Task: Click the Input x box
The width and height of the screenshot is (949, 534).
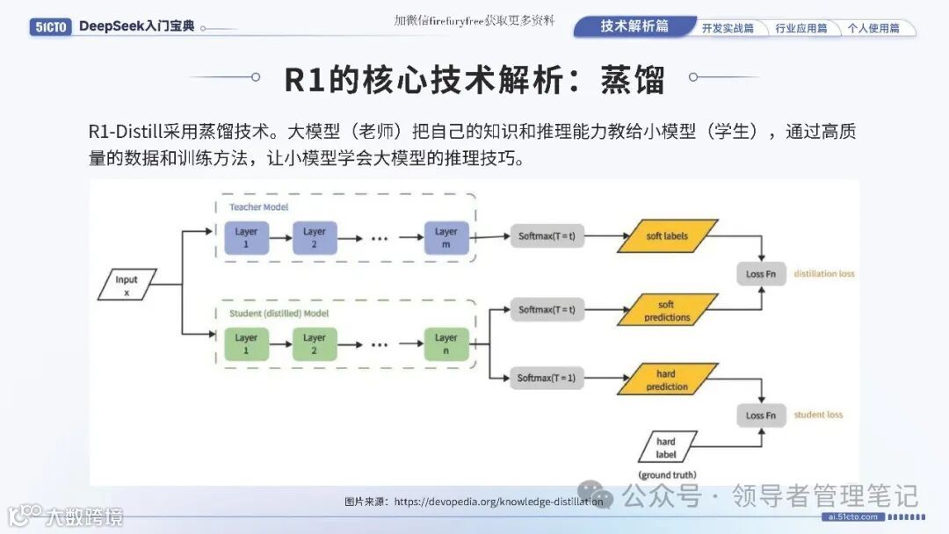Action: [127, 285]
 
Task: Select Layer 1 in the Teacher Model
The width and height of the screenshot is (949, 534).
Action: [246, 238]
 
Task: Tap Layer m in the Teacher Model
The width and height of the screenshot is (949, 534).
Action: [446, 238]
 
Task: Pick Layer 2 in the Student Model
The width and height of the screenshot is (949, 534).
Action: [315, 343]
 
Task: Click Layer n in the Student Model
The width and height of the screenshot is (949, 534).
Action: [446, 343]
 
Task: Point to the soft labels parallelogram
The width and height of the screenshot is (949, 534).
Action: [667, 236]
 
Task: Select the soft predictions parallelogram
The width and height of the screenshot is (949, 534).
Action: [667, 311]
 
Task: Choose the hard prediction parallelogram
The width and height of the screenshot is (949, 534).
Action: [667, 380]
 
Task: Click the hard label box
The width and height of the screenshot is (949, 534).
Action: [666, 447]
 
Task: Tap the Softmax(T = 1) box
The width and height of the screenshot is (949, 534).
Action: [547, 379]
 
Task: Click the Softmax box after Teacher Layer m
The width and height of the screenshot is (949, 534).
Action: [547, 236]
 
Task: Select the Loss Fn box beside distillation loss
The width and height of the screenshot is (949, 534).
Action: [761, 274]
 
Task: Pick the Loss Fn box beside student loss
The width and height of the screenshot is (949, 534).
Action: [761, 415]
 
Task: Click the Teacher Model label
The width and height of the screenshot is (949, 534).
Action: [258, 207]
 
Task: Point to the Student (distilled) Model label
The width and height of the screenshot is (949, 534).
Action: [279, 313]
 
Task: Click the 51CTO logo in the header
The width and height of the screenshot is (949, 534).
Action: [48, 26]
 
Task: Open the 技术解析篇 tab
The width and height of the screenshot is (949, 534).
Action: [634, 26]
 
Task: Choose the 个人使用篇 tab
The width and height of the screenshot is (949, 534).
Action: [873, 28]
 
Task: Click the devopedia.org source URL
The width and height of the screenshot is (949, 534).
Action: [499, 502]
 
